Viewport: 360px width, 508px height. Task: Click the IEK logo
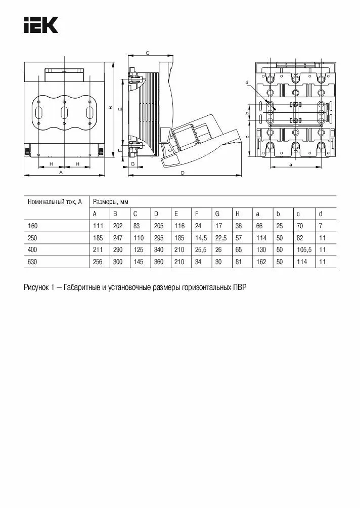41,25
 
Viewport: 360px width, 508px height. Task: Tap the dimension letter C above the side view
147,53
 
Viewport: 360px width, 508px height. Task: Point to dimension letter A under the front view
61,173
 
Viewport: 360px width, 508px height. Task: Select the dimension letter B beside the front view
110,107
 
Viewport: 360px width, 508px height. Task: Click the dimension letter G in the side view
132,164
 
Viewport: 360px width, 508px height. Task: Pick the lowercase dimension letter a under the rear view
291,164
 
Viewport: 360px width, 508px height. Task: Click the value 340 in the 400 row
159,249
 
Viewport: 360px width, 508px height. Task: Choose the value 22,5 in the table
221,237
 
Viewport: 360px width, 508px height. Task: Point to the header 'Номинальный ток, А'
54,202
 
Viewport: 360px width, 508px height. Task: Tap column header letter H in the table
238,214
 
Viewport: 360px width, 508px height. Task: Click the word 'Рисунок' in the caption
36,287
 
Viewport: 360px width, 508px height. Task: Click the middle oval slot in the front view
64,112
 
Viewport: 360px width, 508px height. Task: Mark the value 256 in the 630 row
98,262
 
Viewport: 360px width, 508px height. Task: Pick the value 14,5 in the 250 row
201,237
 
